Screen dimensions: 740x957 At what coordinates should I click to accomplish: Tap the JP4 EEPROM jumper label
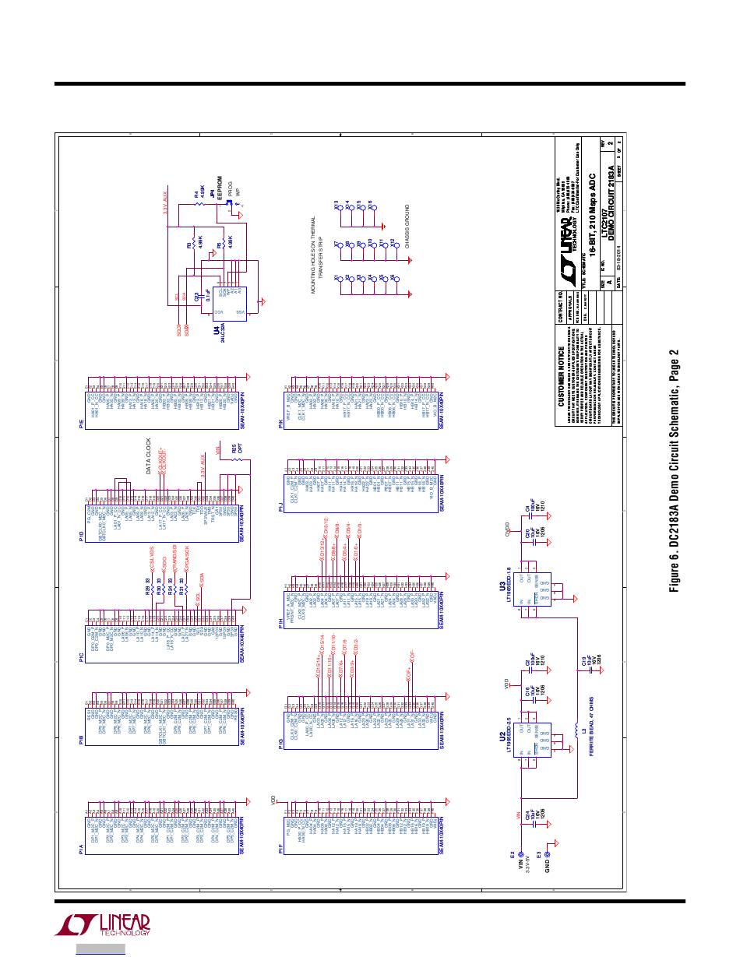[x=213, y=192]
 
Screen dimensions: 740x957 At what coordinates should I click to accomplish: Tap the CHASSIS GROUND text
[x=405, y=226]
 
